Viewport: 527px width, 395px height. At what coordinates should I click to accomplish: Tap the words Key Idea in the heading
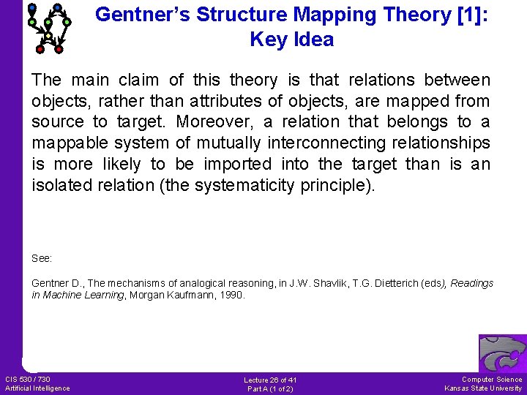point(291,39)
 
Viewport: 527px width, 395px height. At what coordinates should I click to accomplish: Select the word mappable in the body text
point(69,143)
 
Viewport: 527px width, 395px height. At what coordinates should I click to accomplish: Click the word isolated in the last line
point(61,186)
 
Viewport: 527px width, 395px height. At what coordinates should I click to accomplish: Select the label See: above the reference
point(42,258)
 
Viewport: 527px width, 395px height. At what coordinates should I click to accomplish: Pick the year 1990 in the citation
point(232,296)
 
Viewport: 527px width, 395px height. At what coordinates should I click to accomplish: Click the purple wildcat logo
point(502,354)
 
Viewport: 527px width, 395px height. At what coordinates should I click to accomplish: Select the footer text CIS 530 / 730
point(28,379)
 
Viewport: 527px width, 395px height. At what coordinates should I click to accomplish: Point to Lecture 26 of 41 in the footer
point(270,380)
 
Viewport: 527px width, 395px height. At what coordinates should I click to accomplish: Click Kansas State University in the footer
point(484,388)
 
